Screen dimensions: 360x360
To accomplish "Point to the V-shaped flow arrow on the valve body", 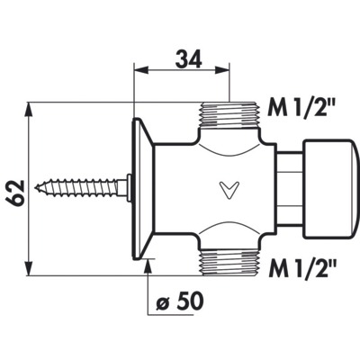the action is [x=229, y=190].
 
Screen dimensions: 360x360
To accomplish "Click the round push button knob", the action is [x=330, y=189].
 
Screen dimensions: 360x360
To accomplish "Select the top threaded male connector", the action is [x=229, y=114].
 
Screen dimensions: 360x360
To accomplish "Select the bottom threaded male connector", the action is [x=229, y=263].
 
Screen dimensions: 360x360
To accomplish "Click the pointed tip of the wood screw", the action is [x=35, y=188].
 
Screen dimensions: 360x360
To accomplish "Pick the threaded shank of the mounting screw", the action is [x=76, y=188].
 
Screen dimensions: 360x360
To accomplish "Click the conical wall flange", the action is [x=143, y=188].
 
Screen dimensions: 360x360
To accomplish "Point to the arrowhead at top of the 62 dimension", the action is [x=29, y=109].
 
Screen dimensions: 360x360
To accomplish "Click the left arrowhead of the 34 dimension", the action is [x=141, y=70].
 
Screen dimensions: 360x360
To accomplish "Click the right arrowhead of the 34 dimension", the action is [x=222, y=70].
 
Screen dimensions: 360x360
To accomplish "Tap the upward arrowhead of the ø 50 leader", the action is [x=148, y=266].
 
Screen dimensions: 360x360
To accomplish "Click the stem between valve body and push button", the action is [x=289, y=189].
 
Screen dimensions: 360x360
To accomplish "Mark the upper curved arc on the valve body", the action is [x=229, y=149].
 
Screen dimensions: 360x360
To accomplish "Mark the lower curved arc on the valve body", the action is [x=229, y=229].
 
